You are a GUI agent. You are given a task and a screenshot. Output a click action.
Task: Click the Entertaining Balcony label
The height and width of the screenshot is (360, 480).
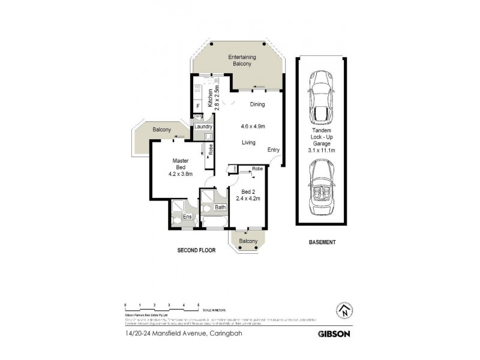(242, 61)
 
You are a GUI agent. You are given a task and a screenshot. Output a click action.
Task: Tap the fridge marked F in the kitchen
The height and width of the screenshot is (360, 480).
(197, 107)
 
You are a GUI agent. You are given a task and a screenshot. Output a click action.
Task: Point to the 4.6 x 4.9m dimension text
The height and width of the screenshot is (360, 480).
(253, 127)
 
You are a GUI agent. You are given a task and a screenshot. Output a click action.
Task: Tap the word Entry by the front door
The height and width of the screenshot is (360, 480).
(273, 149)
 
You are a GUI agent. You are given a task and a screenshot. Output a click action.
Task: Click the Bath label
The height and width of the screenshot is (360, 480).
(220, 208)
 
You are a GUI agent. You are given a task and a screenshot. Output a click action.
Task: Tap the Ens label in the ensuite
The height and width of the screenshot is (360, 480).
(187, 217)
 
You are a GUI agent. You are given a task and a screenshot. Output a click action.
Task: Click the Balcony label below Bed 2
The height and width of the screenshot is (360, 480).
(248, 241)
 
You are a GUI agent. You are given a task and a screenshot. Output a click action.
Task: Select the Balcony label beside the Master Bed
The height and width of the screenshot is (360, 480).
(161, 130)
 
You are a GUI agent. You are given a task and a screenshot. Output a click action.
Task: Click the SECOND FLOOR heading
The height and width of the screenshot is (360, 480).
(196, 250)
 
